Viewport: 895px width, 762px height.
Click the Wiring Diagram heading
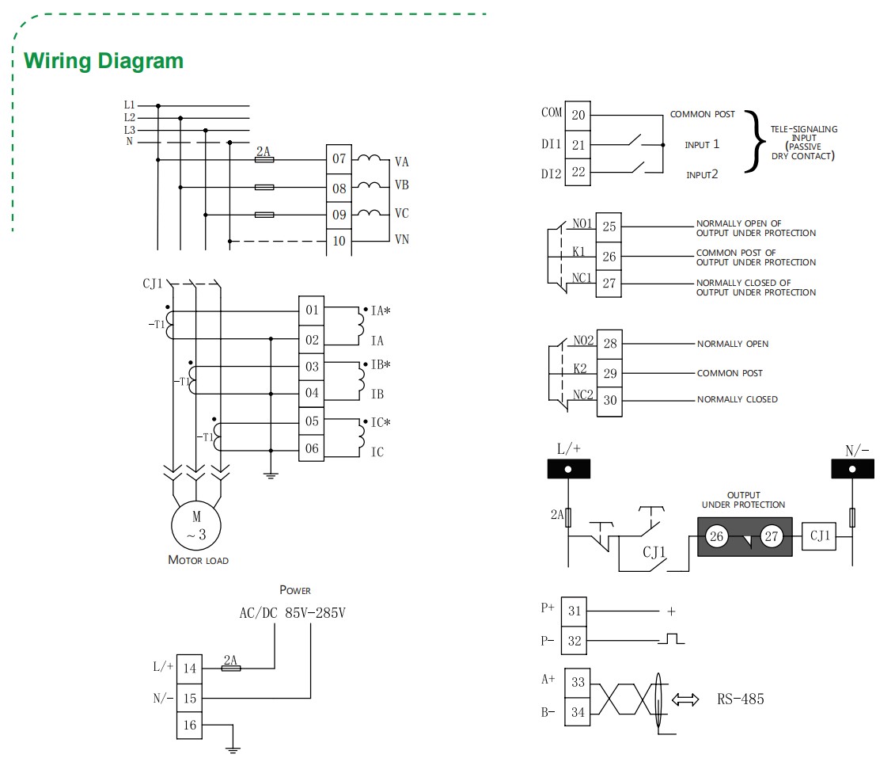pos(104,61)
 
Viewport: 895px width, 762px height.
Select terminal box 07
pos(339,159)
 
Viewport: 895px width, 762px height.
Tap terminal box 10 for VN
pos(339,241)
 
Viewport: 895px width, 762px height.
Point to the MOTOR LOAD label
pos(198,560)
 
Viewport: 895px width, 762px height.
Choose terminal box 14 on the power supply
pos(189,668)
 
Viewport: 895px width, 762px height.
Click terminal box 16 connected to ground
pos(189,726)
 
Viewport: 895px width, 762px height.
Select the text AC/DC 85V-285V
pos(292,612)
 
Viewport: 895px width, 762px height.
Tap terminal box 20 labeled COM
pos(578,116)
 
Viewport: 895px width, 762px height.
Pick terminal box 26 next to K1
pos(609,257)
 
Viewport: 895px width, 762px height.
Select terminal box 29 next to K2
pos(609,372)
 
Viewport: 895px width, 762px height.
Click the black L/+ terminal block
pos(568,469)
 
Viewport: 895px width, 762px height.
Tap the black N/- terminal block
pos(852,469)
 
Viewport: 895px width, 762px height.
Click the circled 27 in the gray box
pos(772,537)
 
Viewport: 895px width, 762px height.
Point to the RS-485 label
pos(741,699)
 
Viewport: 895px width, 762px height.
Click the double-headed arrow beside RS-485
pos(685,699)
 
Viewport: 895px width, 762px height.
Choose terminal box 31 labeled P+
pos(575,611)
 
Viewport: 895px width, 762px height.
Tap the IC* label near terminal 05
pos(381,422)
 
